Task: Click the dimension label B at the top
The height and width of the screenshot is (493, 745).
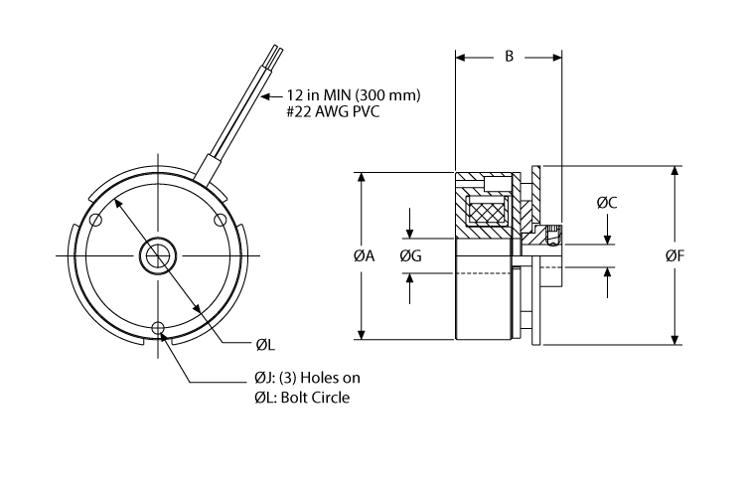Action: (509, 58)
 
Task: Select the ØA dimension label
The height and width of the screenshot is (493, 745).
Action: (364, 255)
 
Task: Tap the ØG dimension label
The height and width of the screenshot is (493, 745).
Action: (410, 255)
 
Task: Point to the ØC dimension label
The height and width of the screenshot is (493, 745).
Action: (607, 203)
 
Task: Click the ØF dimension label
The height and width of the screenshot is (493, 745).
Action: (675, 255)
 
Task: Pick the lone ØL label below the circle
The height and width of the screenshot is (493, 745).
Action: (264, 345)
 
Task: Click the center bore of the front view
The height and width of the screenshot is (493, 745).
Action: (157, 254)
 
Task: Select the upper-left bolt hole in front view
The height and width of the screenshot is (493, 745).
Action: (95, 220)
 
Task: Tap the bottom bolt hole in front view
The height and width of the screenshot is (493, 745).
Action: (157, 327)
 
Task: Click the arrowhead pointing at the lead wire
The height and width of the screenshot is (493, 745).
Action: (265, 97)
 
